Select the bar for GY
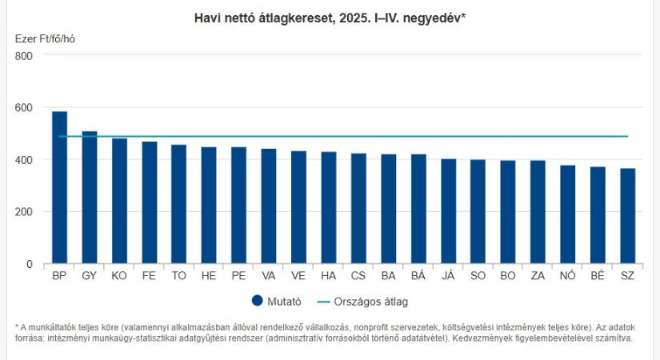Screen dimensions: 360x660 tap(89, 198)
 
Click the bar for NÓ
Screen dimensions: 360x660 tap(568, 214)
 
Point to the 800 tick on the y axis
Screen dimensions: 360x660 tap(23, 56)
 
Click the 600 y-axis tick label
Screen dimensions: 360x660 tap(23, 108)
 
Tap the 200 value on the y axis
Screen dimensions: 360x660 tap(23, 212)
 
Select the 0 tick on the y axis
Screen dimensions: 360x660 tap(29, 264)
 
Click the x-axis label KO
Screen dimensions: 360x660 tap(119, 276)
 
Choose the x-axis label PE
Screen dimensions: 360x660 tap(238, 276)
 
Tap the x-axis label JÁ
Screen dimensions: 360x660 tap(448, 276)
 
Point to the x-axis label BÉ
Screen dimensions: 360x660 tap(598, 276)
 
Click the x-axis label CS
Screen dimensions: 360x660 tap(358, 276)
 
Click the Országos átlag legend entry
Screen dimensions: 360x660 tap(372, 302)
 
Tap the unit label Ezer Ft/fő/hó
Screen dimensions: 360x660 tap(46, 38)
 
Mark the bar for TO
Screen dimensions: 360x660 tap(178, 205)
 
